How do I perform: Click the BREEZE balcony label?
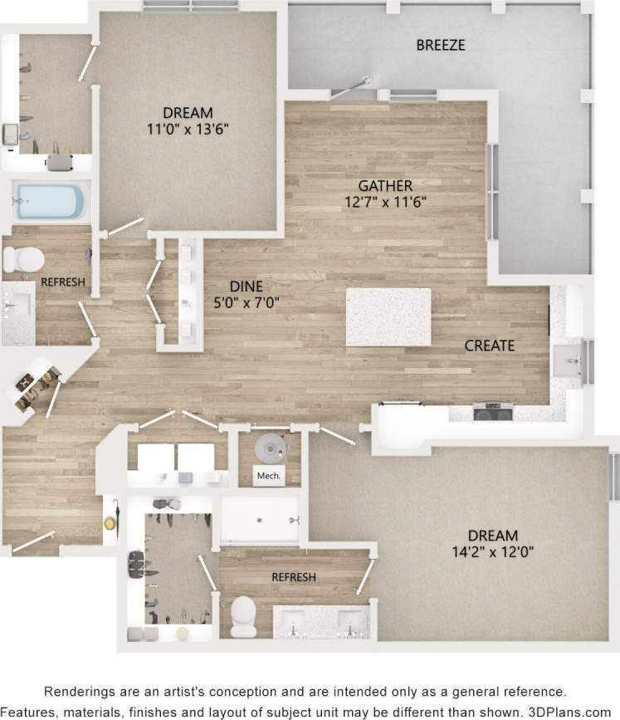click(440, 46)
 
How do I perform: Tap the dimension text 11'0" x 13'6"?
click(187, 129)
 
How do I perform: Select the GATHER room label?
click(385, 185)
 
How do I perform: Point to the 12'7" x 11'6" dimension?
click(385, 201)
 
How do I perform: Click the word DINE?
click(246, 287)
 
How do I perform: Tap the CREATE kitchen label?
click(490, 345)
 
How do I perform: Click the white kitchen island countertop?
click(388, 316)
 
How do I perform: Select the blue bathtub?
click(50, 202)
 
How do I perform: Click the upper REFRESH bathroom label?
click(63, 282)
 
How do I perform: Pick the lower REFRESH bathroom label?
click(293, 576)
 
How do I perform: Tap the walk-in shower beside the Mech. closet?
click(259, 518)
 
